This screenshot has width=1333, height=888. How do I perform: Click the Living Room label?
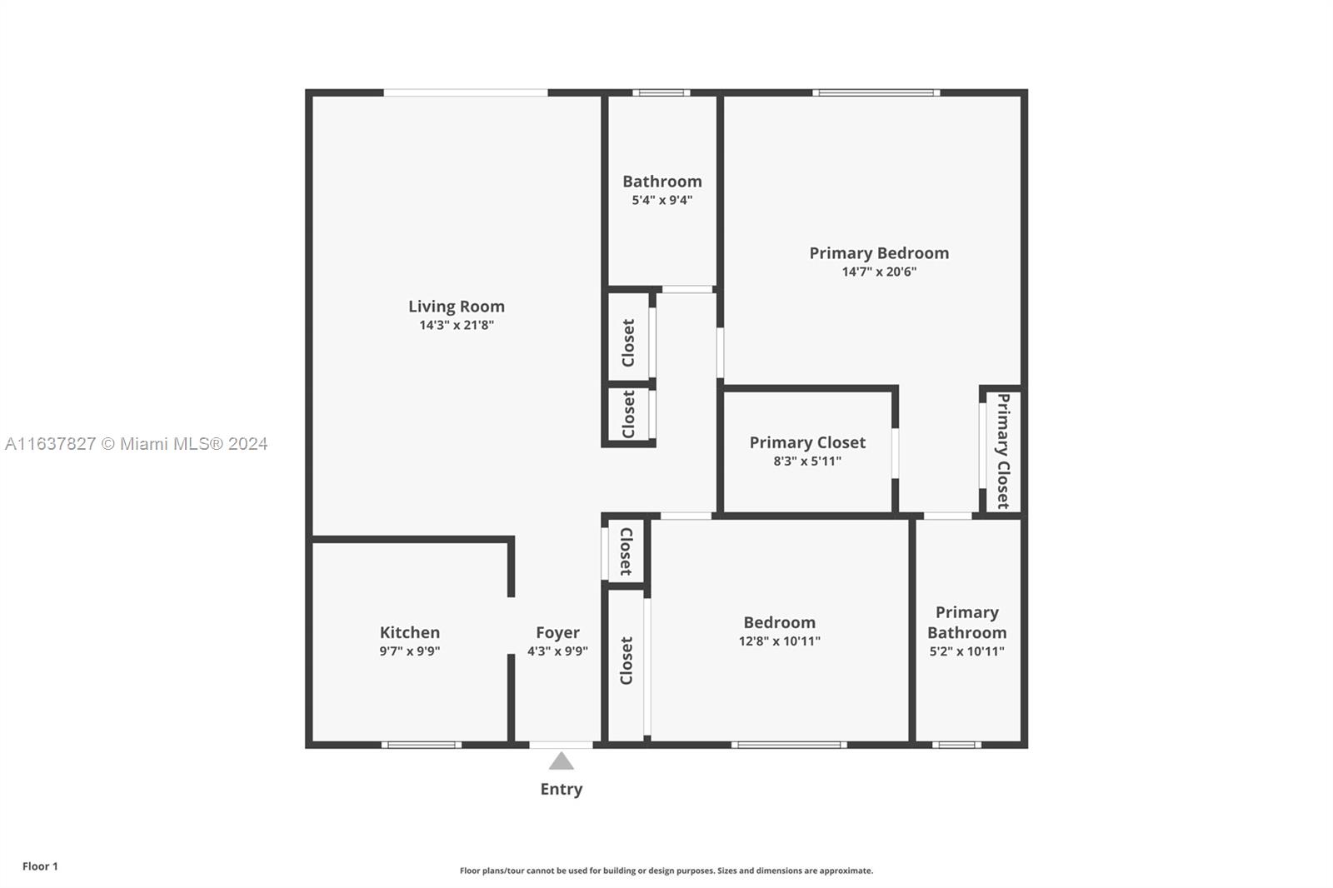click(457, 307)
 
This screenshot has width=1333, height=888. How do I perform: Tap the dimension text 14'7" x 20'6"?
click(879, 272)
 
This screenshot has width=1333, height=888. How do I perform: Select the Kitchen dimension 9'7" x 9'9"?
click(409, 651)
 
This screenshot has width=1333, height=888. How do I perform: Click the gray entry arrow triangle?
click(562, 761)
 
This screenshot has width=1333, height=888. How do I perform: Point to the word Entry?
click(562, 789)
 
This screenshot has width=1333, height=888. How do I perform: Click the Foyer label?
click(557, 632)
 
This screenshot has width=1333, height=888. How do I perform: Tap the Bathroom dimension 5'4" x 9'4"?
click(662, 200)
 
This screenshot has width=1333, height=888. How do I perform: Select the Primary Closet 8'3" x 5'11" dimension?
click(807, 461)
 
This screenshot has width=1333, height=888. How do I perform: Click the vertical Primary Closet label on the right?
click(1003, 451)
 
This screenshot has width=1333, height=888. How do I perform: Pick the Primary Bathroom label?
click(966, 622)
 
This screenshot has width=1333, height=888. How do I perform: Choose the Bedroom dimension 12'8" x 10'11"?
click(779, 641)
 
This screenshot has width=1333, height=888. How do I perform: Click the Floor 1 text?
click(41, 866)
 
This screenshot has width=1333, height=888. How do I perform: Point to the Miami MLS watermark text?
click(137, 443)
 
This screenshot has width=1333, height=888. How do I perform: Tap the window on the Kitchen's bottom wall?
click(422, 745)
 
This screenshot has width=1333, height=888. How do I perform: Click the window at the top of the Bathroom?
click(662, 92)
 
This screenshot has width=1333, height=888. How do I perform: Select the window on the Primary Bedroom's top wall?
click(876, 92)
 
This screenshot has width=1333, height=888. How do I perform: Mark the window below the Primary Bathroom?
click(956, 745)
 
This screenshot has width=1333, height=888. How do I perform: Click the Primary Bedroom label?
click(879, 253)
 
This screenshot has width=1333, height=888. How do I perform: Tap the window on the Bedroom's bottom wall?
click(789, 745)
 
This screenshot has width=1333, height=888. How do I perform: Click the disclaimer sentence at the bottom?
click(666, 871)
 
